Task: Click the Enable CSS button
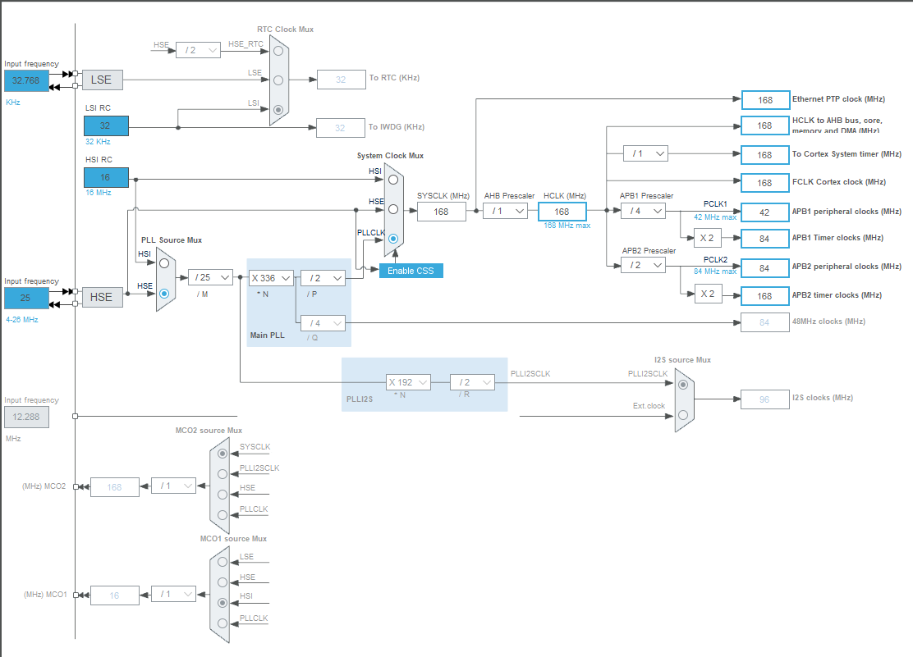click(x=411, y=271)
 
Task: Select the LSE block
click(x=101, y=80)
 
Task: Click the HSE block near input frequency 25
click(x=101, y=297)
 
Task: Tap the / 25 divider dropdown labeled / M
click(x=210, y=277)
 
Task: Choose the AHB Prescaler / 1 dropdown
click(x=504, y=211)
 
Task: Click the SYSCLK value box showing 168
click(x=441, y=212)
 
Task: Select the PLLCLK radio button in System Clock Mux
click(x=393, y=240)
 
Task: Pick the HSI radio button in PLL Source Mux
click(x=164, y=263)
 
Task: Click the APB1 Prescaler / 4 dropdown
click(x=642, y=211)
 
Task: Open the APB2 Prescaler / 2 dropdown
click(x=642, y=265)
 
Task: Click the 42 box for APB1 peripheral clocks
click(x=764, y=212)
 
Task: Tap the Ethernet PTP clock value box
click(x=764, y=99)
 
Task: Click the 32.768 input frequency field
click(x=26, y=81)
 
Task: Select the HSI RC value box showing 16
click(x=106, y=177)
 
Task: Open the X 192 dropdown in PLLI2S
click(x=408, y=382)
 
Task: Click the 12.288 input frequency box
click(x=26, y=417)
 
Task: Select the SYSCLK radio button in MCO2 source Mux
click(x=223, y=453)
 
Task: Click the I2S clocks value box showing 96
click(x=764, y=399)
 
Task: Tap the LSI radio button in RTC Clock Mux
click(x=278, y=109)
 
